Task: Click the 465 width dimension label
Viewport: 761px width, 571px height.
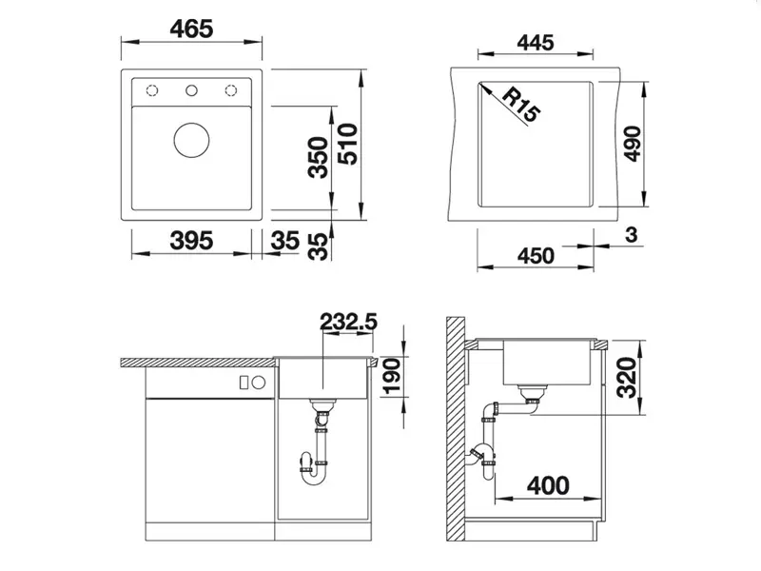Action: (191, 30)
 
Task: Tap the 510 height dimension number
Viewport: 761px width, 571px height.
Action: (347, 145)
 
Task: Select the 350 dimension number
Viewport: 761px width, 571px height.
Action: (319, 157)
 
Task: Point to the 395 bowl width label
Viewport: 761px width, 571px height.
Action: (191, 241)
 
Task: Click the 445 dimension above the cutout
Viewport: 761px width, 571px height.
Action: (536, 43)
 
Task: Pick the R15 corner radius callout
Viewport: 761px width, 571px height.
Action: (520, 105)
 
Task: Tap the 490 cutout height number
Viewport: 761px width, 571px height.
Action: (633, 144)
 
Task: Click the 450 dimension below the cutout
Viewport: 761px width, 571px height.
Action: (536, 256)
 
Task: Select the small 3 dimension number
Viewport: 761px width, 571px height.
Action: (631, 235)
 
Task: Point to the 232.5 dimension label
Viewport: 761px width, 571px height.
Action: (348, 322)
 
